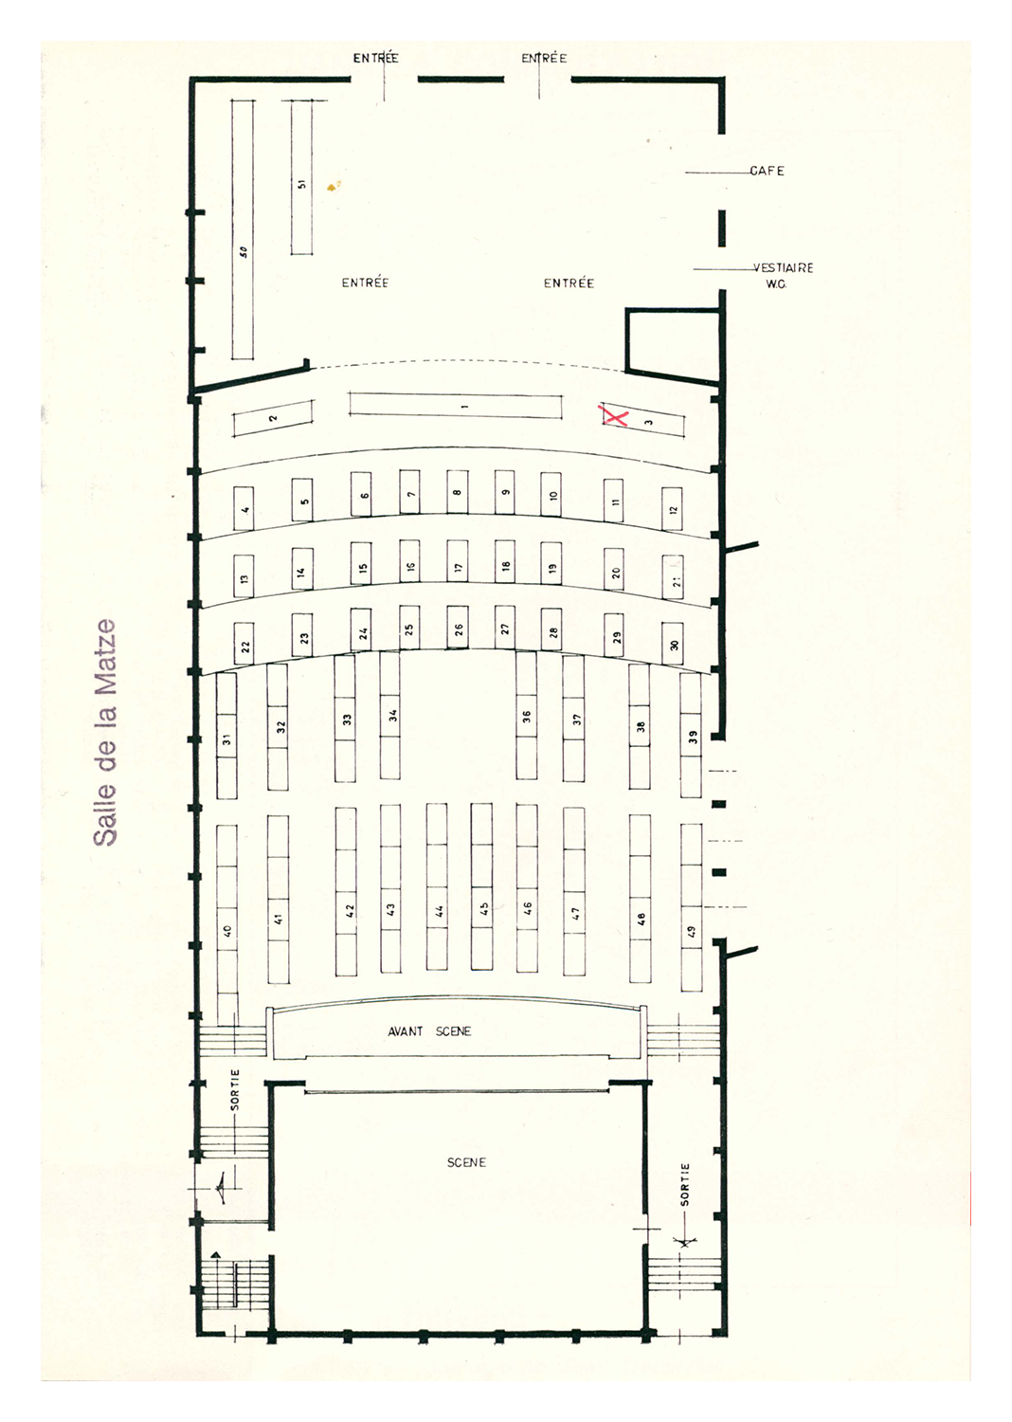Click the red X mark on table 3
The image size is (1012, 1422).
pos(614,416)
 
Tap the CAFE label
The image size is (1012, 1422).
pos(767,171)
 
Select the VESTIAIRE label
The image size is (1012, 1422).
pos(783,268)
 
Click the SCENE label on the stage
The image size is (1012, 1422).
pos(466,1162)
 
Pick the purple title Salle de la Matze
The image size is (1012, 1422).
pos(104,732)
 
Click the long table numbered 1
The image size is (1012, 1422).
pos(456,407)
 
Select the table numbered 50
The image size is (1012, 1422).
pos(243,229)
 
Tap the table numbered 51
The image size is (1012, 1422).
pos(302,177)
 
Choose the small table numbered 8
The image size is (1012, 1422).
pos(458,492)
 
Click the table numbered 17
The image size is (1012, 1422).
pos(458,562)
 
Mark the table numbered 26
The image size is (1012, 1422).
pos(458,628)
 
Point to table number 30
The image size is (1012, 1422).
pos(673,644)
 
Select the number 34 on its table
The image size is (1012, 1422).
pos(392,715)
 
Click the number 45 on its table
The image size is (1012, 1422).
pos(483,908)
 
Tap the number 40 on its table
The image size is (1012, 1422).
pos(227,931)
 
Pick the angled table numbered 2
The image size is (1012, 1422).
pos(274,418)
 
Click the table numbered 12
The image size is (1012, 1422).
pos(673,509)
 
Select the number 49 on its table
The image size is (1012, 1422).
pos(691,931)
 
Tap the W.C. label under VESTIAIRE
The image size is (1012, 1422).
pos(775,284)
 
